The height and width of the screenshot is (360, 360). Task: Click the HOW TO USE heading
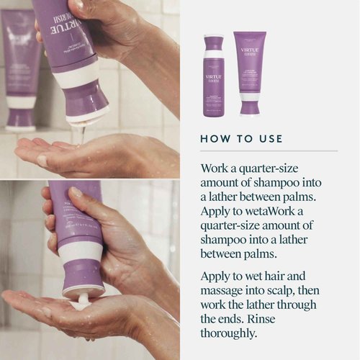pos(241,138)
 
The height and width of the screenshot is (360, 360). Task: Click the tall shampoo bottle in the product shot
pos(213,75)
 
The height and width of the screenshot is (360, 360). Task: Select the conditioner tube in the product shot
pos(250,72)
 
